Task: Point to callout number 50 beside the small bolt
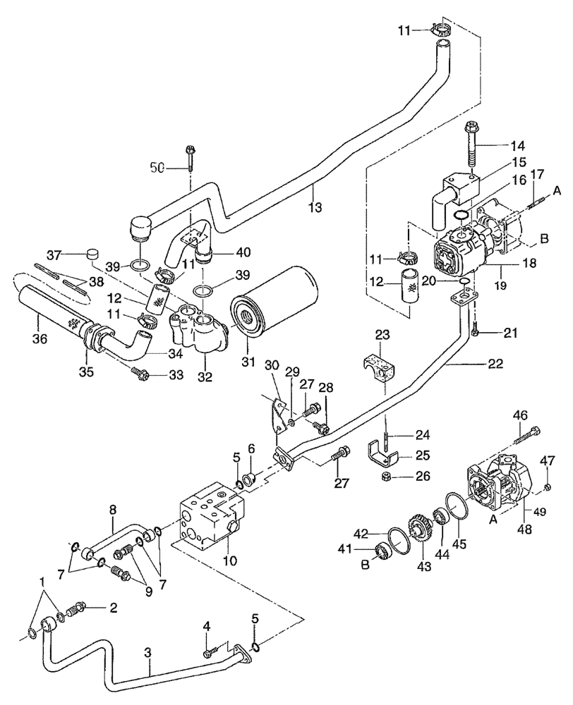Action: tap(160, 167)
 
